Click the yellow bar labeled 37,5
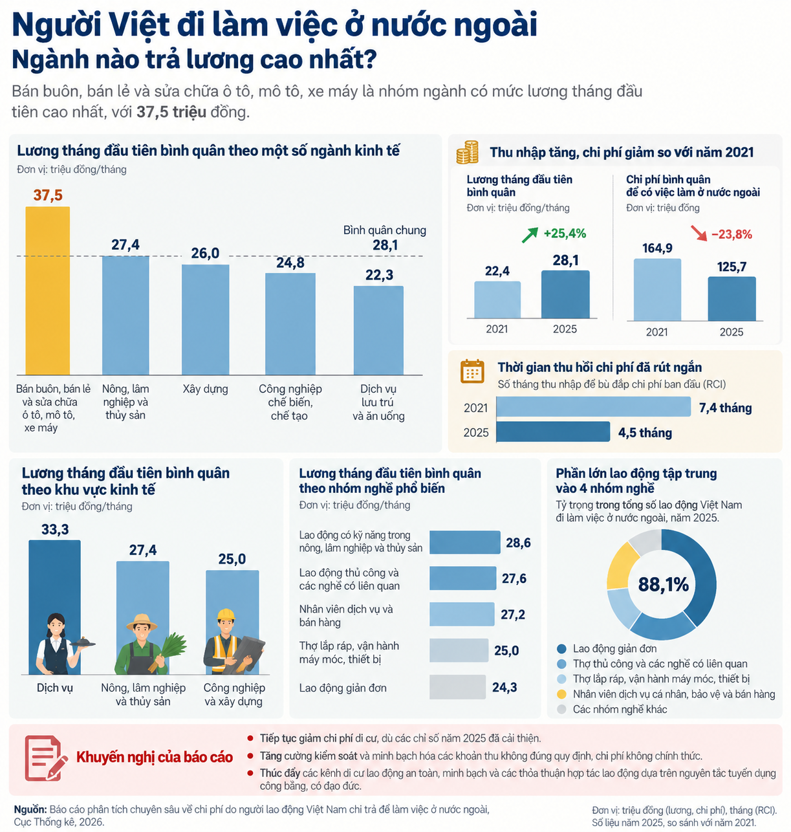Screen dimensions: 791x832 point(47,290)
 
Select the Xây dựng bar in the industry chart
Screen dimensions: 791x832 point(205,320)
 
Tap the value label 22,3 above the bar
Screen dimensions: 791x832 point(379,275)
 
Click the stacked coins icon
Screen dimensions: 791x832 point(467,152)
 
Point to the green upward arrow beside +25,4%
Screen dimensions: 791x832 point(530,235)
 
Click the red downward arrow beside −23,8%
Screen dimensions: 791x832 point(699,233)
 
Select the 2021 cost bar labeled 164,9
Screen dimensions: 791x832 point(657,289)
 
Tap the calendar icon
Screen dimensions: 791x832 point(472,371)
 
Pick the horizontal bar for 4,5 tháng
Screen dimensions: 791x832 point(553,432)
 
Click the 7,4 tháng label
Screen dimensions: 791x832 point(725,408)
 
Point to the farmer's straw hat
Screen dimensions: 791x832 point(142,622)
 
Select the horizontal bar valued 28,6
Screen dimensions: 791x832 point(464,542)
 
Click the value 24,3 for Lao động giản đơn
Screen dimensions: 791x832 point(504,687)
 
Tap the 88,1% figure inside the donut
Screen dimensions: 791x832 point(663,584)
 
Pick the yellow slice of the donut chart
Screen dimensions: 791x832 point(622,567)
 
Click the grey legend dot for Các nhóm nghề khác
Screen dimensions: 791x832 point(561,709)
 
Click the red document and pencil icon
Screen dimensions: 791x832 point(45,758)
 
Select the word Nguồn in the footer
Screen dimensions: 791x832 point(30,809)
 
